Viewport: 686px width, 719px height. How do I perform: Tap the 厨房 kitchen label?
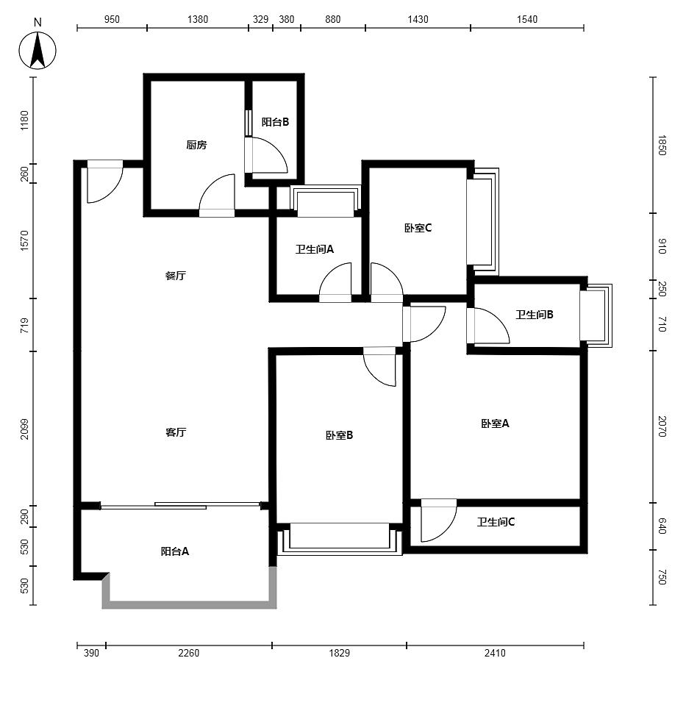tap(196, 145)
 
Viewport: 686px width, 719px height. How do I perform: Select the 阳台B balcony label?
tap(275, 122)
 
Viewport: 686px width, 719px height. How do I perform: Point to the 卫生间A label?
tap(315, 249)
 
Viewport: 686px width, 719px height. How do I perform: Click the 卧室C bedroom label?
tap(418, 228)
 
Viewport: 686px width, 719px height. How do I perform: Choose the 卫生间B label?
tap(535, 315)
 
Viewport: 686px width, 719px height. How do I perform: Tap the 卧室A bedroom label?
tap(495, 423)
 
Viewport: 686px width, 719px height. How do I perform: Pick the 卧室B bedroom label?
tap(340, 435)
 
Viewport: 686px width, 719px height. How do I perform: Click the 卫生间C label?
tap(496, 522)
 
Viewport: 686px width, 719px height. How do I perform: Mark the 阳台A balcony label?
tap(175, 551)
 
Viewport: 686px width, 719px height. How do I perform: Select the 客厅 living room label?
tap(176, 432)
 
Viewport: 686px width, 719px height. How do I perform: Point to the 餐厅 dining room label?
tap(176, 276)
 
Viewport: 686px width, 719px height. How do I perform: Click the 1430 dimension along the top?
tap(418, 19)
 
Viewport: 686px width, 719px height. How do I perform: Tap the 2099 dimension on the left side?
tap(24, 429)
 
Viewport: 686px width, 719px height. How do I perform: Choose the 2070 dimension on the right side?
tap(662, 426)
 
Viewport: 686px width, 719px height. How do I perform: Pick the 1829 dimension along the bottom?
tap(340, 653)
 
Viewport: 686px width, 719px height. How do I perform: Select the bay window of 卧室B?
tap(340, 540)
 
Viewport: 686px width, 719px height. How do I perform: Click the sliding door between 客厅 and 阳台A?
tap(180, 506)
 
